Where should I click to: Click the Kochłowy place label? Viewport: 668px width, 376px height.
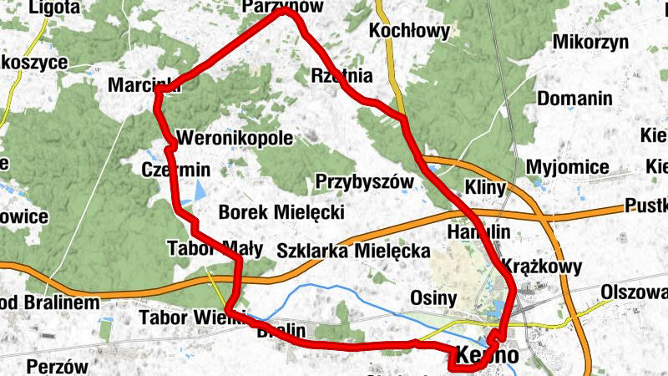point(409,33)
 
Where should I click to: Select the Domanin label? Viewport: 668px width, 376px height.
point(574,99)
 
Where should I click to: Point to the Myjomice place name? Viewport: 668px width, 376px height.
point(568,167)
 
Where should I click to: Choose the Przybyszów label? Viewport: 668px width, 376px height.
point(365,181)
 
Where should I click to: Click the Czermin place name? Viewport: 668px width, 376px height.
point(175,170)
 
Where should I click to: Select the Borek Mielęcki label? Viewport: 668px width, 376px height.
point(281,212)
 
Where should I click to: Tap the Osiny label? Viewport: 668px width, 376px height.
point(434,297)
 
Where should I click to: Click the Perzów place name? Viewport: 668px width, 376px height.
point(57,366)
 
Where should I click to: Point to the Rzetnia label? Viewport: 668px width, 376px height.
point(341,75)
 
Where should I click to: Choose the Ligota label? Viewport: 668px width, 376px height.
point(54,8)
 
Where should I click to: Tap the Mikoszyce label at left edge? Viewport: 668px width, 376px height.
point(33,64)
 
